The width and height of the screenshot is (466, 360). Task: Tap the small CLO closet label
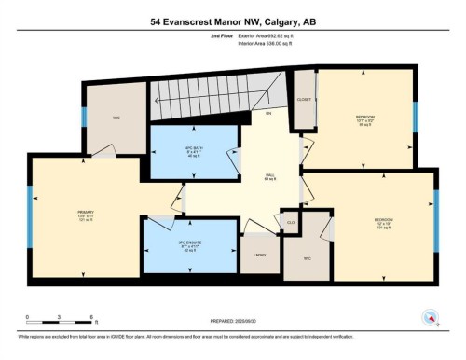(291, 222)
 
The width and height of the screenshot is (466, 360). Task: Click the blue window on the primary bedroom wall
(29, 214)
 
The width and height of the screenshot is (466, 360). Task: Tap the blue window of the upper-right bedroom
(416, 117)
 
